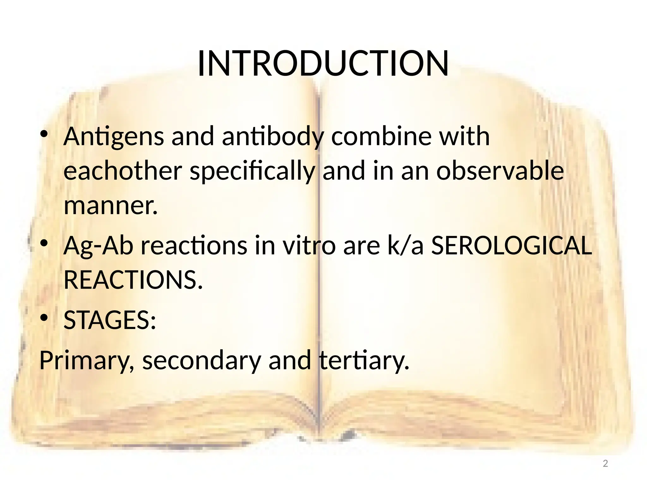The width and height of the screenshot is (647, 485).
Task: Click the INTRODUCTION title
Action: coord(323,64)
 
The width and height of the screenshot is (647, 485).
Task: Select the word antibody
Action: coord(273,136)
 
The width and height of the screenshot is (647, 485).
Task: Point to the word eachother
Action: coord(123,171)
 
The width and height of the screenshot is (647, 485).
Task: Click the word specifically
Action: coord(252,171)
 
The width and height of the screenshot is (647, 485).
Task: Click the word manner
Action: coord(110,206)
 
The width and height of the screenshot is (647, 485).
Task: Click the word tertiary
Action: coord(364,361)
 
